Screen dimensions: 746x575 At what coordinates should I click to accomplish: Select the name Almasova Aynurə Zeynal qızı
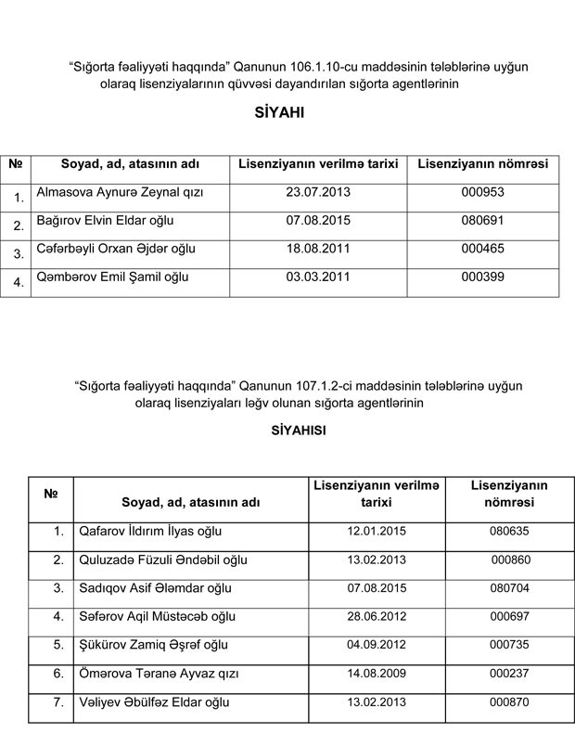tap(119, 193)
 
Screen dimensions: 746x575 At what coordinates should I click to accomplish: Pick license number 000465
tap(481, 251)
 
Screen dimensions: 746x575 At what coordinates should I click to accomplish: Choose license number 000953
tap(481, 193)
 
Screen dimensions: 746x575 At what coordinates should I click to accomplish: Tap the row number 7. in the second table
tap(57, 701)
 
